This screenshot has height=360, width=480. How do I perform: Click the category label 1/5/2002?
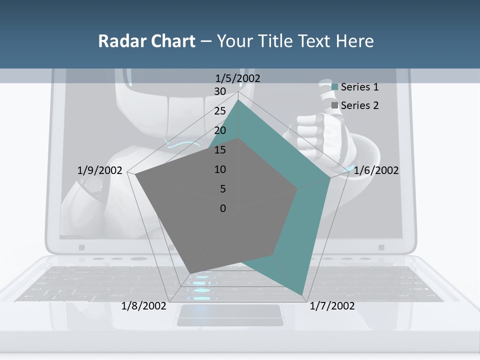(237, 78)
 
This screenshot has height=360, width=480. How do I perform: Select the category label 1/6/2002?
(376, 170)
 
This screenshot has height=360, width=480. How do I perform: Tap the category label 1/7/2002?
(332, 306)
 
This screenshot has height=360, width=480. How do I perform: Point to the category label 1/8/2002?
(143, 306)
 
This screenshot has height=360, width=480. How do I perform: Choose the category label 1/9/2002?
(99, 170)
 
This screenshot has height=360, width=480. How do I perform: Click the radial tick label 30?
(220, 91)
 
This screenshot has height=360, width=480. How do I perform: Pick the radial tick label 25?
(220, 111)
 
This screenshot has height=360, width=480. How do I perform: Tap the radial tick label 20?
(220, 130)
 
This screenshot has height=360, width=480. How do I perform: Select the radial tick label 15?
(220, 150)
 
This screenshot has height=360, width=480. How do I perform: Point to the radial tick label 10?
(220, 169)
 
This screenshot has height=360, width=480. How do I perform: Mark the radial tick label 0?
(223, 208)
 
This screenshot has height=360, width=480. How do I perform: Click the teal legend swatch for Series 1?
(335, 87)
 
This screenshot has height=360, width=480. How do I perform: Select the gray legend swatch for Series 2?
(335, 105)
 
